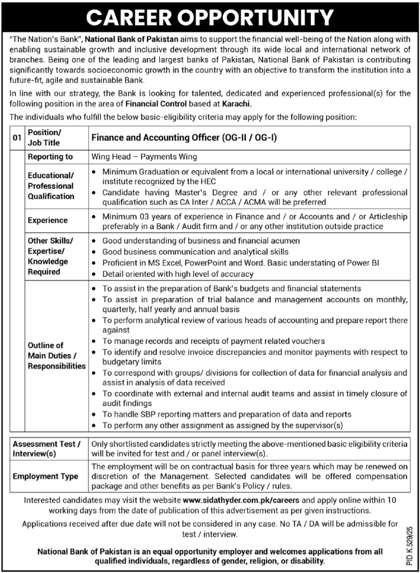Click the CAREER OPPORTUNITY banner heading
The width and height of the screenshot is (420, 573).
[x=210, y=17]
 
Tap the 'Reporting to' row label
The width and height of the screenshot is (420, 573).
[x=50, y=157]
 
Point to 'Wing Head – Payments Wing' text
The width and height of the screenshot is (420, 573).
[x=144, y=157]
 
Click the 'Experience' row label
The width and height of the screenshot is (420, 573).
[x=48, y=220]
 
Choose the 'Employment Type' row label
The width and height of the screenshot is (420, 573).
[x=45, y=476]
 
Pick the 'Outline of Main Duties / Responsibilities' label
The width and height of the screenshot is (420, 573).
[x=56, y=355]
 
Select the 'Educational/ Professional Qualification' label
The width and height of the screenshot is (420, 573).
[x=51, y=186]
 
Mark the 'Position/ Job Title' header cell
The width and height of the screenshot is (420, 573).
[x=45, y=138]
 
